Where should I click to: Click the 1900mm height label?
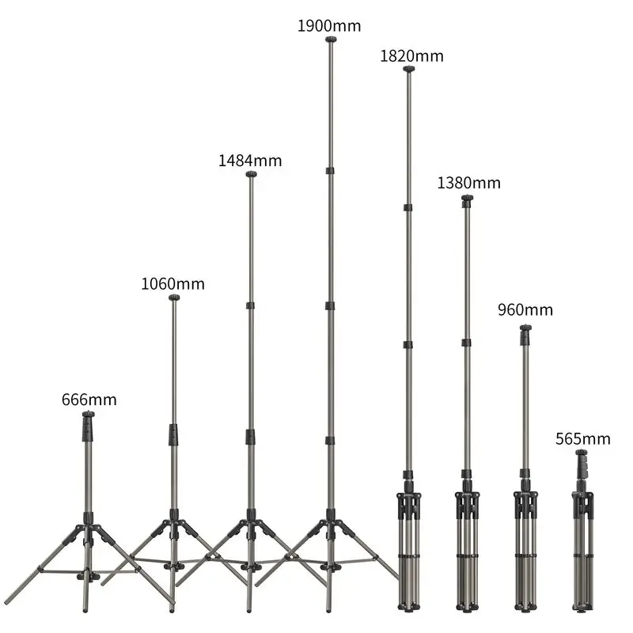[x=329, y=26]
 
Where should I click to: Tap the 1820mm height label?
[x=411, y=55]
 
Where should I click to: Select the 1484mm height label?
[x=250, y=161]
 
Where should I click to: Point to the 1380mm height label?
[x=468, y=183]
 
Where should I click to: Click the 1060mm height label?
[x=172, y=284]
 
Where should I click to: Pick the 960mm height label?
[x=525, y=309]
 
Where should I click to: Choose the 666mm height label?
[x=89, y=400]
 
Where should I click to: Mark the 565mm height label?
[x=583, y=439]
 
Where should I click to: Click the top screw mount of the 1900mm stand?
[x=331, y=39]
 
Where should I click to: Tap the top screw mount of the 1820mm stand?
[x=408, y=69]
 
